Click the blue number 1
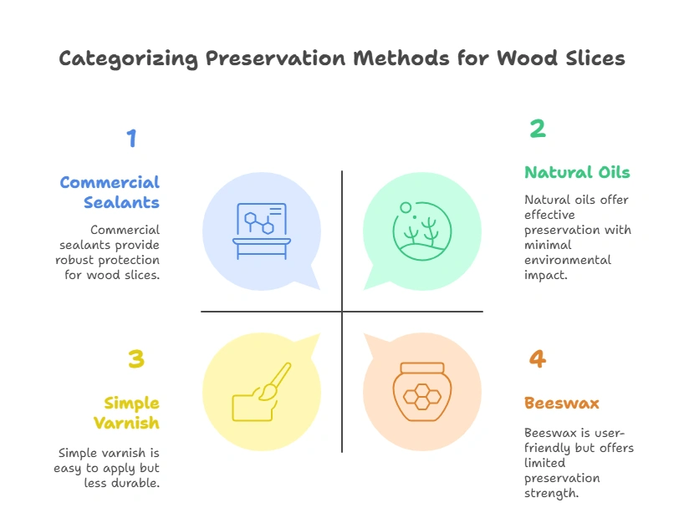[132, 138]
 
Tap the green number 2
[538, 129]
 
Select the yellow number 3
[136, 358]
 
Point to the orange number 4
[538, 358]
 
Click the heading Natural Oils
[577, 172]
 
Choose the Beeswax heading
[562, 403]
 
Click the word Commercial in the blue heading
[110, 182]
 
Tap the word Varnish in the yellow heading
[126, 423]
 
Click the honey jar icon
[422, 392]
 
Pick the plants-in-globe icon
[421, 231]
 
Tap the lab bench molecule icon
[262, 231]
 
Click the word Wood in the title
[527, 58]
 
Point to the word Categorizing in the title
[128, 59]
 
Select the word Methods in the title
[401, 58]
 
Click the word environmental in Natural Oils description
[568, 260]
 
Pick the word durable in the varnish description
[135, 483]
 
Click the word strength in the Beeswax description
[551, 494]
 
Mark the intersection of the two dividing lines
[342, 311]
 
